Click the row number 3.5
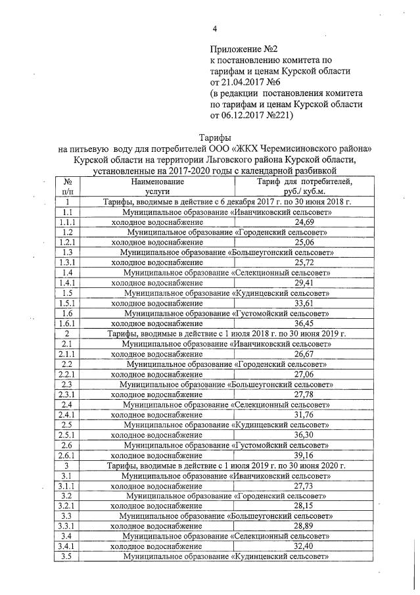coord(66,556)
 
